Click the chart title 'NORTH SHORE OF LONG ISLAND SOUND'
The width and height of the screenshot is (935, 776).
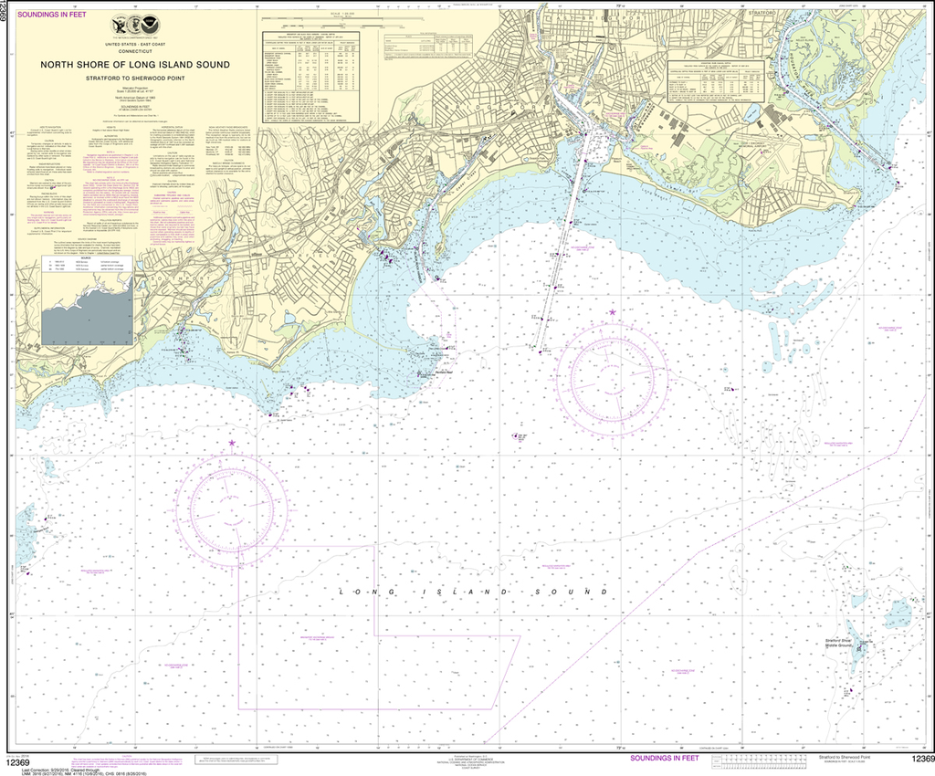134,65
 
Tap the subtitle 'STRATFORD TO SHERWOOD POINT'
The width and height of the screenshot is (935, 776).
134,79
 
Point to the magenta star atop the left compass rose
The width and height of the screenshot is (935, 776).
232,444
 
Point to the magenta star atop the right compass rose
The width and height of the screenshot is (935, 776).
612,313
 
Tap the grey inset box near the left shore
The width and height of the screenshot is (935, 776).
87,312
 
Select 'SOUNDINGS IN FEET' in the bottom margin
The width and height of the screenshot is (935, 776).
666,758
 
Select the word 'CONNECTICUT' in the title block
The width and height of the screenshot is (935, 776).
134,51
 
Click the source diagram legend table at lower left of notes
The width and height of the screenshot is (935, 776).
73,266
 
